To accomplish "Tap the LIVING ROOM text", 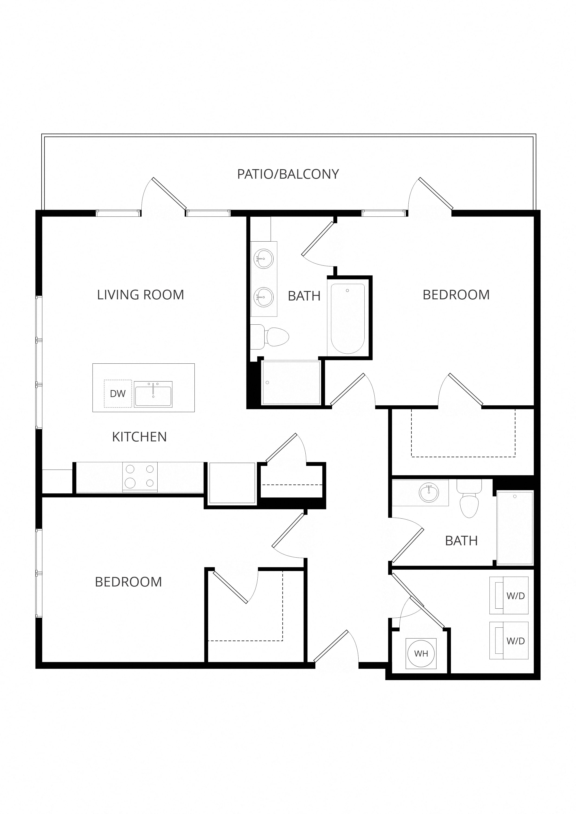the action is (x=140, y=295).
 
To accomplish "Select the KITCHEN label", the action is (x=139, y=437).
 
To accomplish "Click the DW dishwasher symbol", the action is (x=118, y=394).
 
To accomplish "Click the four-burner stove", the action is (x=140, y=478).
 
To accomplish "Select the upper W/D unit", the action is (x=509, y=596).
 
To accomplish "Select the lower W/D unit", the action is (x=509, y=641).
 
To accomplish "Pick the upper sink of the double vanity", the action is (x=264, y=259).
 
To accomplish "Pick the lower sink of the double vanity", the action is (x=264, y=296).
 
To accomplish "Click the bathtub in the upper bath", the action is (x=348, y=319).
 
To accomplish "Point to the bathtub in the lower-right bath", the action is (x=515, y=527).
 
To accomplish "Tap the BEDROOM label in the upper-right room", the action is (x=456, y=295).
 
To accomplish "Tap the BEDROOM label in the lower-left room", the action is (x=128, y=582).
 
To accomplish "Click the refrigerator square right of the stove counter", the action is (x=232, y=483).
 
